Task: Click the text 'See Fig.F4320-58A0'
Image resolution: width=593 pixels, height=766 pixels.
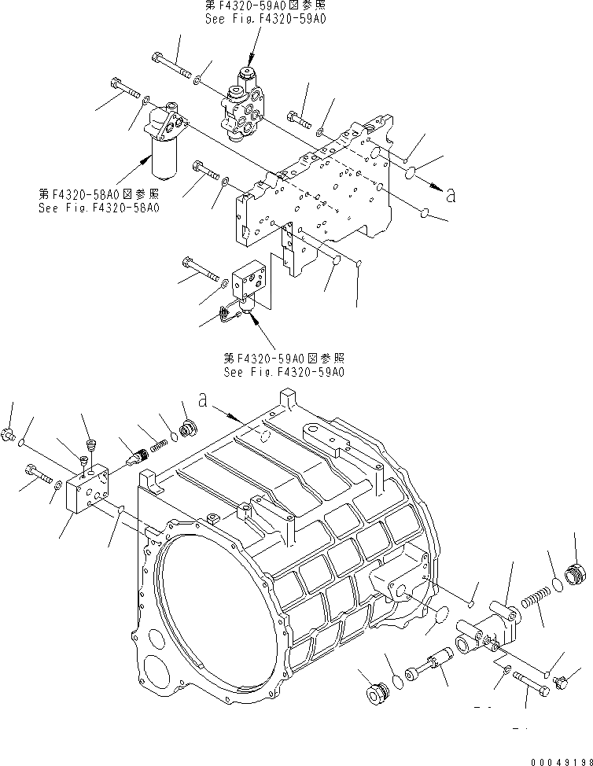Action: pos(98,208)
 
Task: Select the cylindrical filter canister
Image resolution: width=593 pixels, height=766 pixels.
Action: pos(164,146)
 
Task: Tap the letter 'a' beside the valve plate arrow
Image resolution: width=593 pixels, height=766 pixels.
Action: pos(451,197)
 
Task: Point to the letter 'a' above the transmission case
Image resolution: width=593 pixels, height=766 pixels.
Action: pos(204,401)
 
